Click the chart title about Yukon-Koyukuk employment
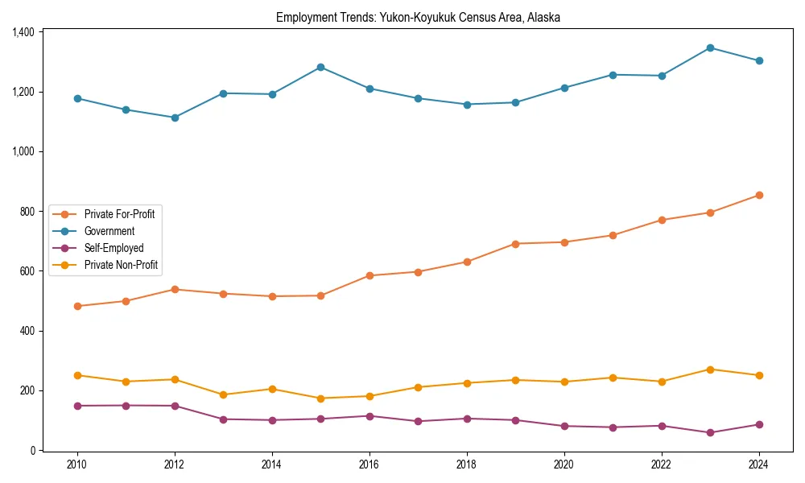tap(418, 17)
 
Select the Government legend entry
tap(109, 231)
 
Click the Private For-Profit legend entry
tap(119, 213)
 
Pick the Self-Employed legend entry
tap(114, 248)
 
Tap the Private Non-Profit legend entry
tap(121, 265)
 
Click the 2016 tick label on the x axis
tap(369, 464)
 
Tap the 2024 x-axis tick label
tap(758, 464)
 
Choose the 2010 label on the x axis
tap(77, 464)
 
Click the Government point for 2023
tap(710, 47)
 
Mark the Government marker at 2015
tap(320, 67)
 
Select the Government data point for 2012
tap(175, 118)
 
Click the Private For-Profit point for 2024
tap(758, 195)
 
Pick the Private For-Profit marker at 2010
tap(77, 306)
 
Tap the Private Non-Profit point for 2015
tap(320, 398)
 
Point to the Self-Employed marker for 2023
tap(710, 432)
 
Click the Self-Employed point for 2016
tap(369, 416)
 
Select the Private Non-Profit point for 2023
tap(710, 369)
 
